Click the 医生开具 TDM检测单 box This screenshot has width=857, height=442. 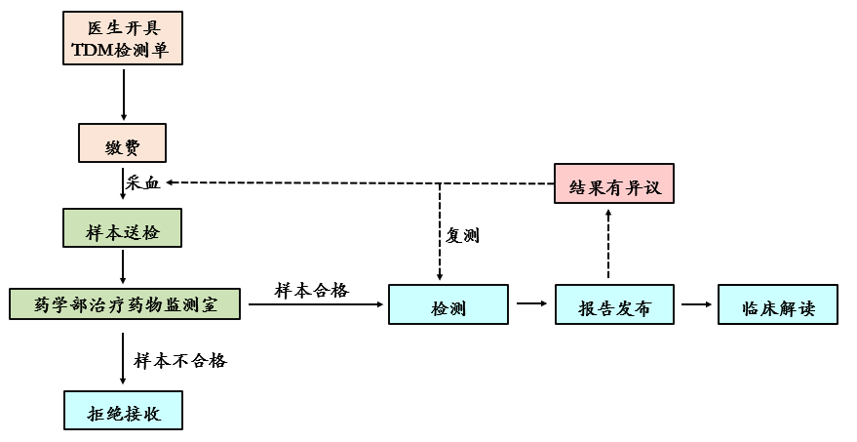123,39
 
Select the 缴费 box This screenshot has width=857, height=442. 123,145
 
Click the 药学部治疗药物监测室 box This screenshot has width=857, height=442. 125,303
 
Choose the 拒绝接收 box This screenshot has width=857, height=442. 123,410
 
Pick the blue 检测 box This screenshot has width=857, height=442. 448,304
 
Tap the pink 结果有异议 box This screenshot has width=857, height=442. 613,183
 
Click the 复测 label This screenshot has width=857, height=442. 462,236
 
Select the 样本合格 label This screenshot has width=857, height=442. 311,290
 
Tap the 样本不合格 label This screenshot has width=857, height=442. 182,360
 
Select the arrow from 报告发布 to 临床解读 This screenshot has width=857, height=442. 695,304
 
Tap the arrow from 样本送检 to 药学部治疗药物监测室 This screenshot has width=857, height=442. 123,266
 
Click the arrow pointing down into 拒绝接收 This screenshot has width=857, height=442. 123,361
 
